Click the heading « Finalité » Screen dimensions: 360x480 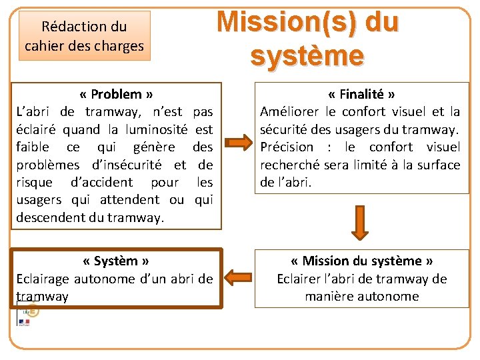point(362,94)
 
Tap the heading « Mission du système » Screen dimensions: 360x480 point(362,261)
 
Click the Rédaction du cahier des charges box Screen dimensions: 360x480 point(84,36)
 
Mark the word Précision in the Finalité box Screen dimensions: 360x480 point(287,147)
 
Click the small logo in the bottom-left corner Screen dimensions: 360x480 point(27,315)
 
